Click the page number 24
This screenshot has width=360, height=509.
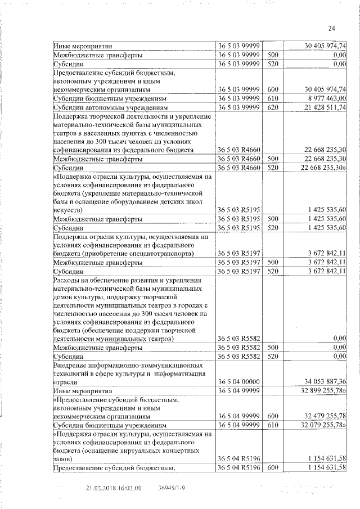pyautogui.click(x=331, y=29)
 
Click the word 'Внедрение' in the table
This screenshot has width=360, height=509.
pyautogui.click(x=71, y=365)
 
